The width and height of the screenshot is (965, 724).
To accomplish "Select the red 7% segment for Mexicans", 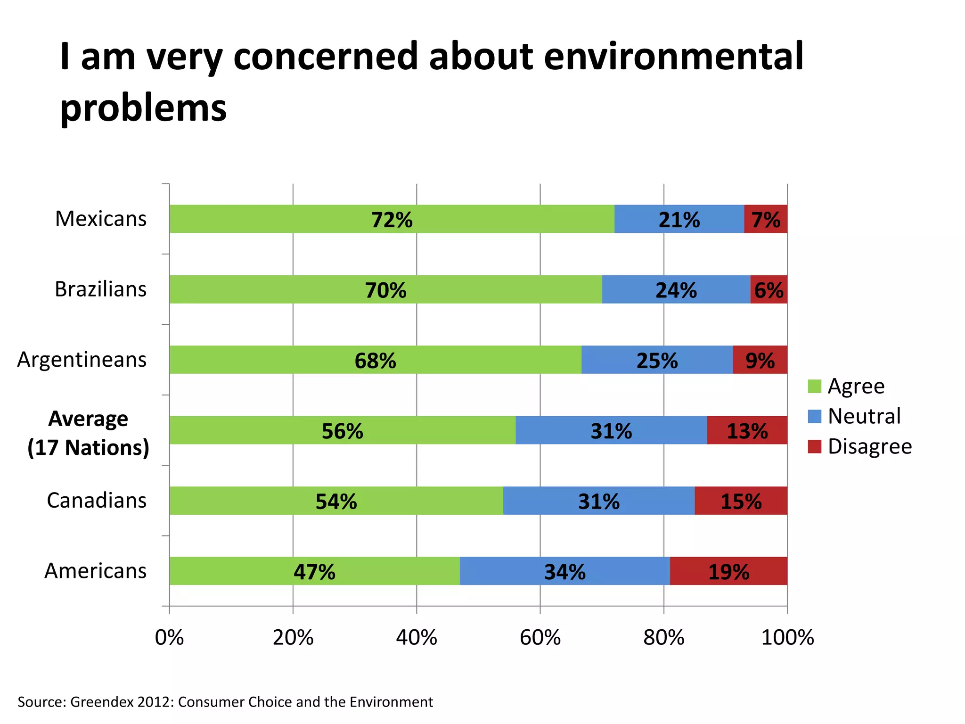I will tap(766, 219).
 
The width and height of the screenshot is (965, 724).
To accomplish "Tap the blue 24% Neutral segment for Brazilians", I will tap(676, 289).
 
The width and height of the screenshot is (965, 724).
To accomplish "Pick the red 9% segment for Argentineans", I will tap(760, 360).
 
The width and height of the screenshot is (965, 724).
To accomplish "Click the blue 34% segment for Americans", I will tap(564, 571).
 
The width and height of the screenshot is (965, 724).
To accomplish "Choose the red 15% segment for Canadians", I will tap(741, 501).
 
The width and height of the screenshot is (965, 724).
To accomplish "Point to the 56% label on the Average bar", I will tap(343, 431).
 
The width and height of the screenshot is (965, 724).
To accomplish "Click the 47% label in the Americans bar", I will tap(314, 572).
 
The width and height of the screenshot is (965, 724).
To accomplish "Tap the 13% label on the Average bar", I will tap(747, 431).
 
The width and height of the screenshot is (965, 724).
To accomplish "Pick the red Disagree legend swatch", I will tap(814, 446).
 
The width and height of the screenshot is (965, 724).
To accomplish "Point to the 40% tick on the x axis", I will tap(417, 637).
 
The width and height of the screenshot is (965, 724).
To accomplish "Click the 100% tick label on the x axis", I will tap(787, 637).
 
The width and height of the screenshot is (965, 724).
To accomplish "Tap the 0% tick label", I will tap(169, 637).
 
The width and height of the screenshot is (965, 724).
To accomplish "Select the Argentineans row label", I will tap(82, 360).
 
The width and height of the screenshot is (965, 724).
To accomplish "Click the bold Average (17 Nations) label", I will tap(88, 433).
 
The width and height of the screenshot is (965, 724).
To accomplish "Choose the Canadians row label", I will tap(97, 500).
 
